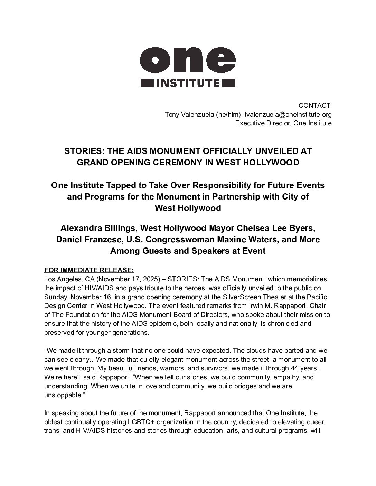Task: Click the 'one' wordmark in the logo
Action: [188, 59]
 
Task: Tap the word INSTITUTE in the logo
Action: [188, 83]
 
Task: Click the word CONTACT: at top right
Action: [315, 105]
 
